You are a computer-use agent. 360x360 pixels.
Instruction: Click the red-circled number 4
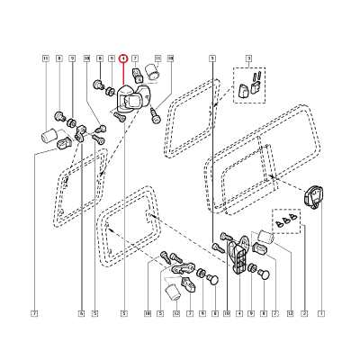123,58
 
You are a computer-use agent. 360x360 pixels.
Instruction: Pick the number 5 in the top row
211,58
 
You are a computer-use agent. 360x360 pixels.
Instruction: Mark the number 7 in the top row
135,58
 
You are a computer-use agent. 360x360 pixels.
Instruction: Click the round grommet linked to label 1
318,193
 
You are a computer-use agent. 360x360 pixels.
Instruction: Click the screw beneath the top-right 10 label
158,115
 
